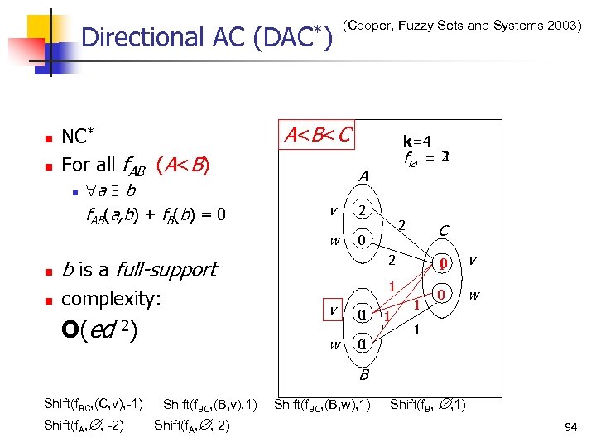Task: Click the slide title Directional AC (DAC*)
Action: [207, 37]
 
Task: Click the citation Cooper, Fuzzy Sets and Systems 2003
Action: [461, 26]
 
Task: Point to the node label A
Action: [363, 176]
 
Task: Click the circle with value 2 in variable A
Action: [362, 210]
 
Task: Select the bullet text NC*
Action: [79, 137]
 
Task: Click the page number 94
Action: [570, 427]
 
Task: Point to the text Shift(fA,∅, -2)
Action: [86, 425]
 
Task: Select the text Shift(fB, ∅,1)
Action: [427, 405]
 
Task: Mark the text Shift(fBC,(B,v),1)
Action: [210, 405]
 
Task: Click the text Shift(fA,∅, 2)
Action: [192, 425]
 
